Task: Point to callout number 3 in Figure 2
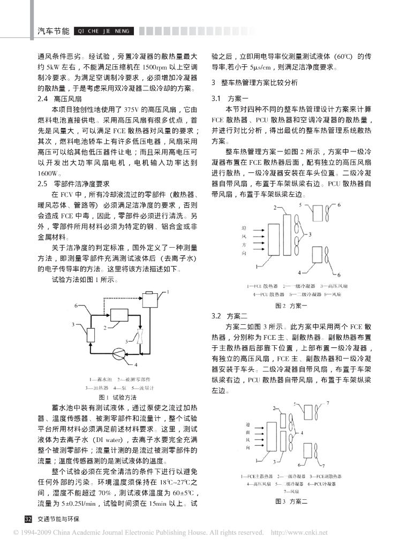310,234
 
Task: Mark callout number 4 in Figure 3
304,432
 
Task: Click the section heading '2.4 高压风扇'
59,100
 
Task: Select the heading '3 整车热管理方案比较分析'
251,83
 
